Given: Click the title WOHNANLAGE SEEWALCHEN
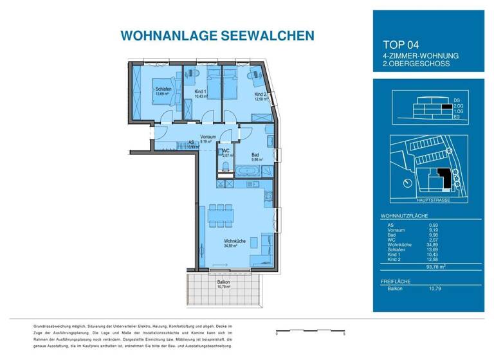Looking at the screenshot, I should click(x=208, y=35).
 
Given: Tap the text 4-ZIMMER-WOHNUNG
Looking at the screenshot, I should click(x=420, y=56).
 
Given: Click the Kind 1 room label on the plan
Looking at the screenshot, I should click(x=200, y=92).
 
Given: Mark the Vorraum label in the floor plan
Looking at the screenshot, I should click(x=207, y=137).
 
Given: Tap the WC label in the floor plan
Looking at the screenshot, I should click(x=226, y=150).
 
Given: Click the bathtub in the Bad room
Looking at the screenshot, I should click(x=248, y=172).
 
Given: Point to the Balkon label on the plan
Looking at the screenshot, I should click(x=223, y=282).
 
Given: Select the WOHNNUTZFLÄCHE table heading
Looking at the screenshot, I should click(x=404, y=217).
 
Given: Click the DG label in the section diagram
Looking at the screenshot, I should click(x=457, y=102).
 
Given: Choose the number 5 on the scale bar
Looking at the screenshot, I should click(x=344, y=334).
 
